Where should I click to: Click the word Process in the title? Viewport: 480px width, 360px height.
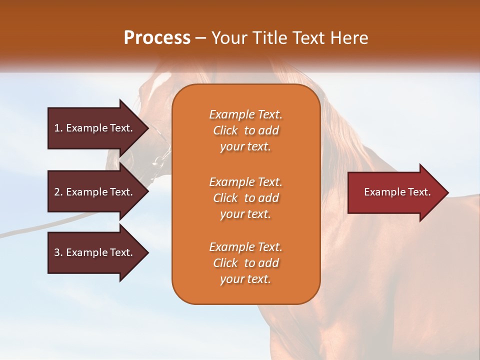coord(157,38)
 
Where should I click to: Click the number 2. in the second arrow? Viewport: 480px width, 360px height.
coord(58,192)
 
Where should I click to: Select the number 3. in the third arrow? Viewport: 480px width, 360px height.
coord(58,252)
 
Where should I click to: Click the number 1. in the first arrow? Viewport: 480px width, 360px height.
coord(58,128)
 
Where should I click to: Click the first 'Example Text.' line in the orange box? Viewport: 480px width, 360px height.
coord(245,114)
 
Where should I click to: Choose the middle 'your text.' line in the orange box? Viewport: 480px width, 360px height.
coord(245,214)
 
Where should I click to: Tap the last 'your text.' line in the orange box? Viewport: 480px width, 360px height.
coord(245,279)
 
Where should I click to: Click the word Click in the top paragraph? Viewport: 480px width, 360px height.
coord(225,130)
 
